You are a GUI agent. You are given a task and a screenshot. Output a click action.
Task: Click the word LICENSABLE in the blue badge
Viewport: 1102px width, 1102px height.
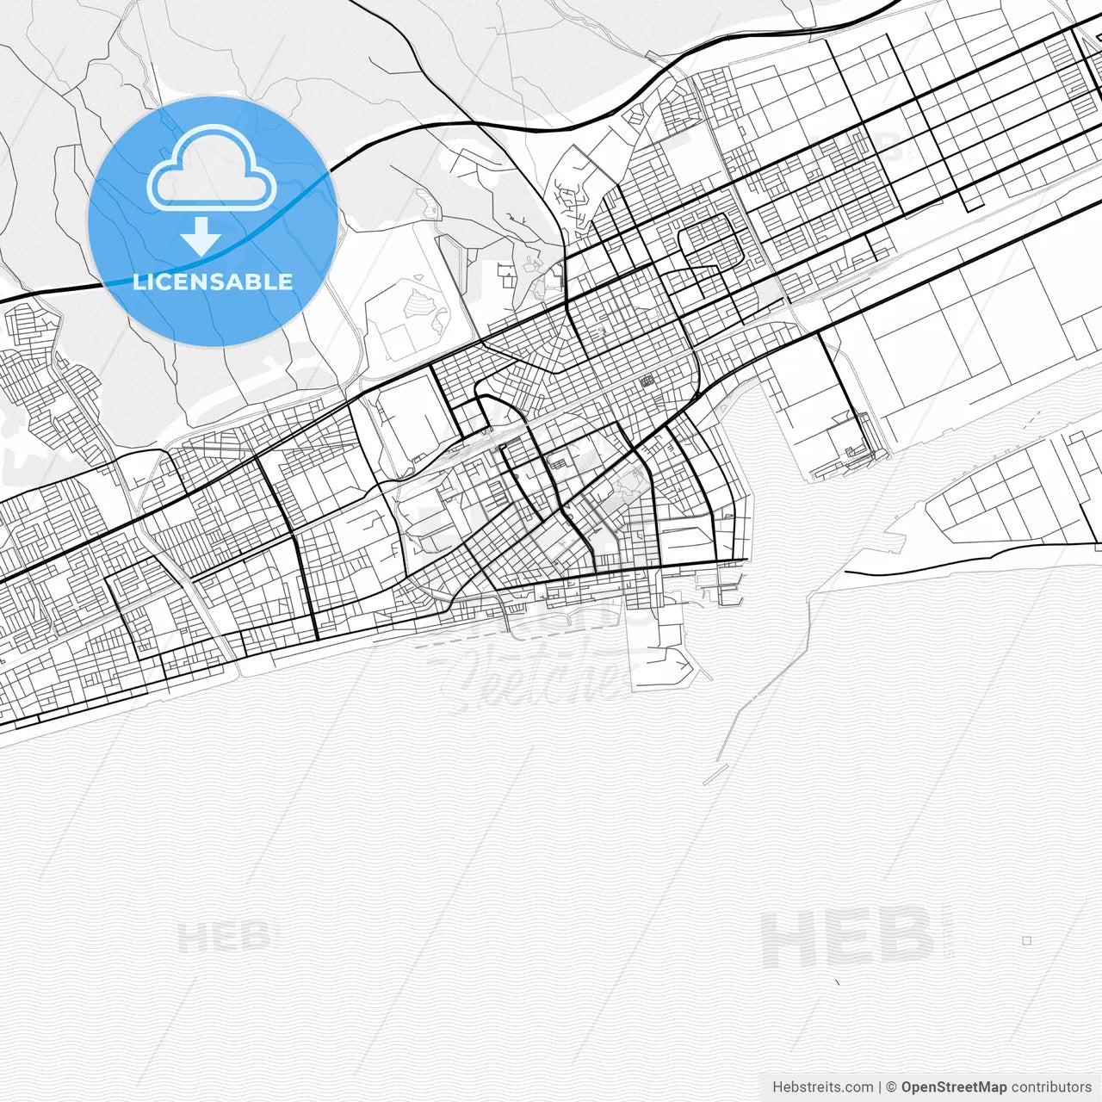213,282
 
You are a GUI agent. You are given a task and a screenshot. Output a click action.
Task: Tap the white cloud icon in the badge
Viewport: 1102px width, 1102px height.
212,169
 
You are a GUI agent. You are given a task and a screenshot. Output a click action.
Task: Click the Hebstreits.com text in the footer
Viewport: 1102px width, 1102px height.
822,1087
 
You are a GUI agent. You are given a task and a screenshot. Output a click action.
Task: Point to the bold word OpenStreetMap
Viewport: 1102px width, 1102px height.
953,1087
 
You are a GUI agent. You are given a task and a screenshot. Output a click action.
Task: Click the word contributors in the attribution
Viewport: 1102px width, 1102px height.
1051,1087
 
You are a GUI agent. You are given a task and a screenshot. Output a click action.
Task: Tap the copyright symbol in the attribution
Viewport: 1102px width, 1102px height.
892,1087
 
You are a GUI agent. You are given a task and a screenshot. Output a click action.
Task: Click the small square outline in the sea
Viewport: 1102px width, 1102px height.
1026,941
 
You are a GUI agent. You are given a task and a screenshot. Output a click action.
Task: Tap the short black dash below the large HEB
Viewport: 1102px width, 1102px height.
838,981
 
